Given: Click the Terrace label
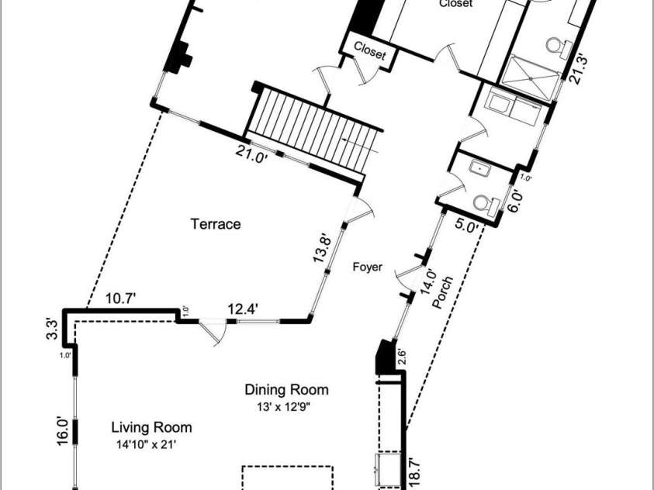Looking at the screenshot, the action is pos(216,224).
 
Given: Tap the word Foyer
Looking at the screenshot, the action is pos(368,267).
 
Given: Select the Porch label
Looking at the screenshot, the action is pos(442,292).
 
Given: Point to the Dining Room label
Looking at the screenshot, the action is pos(286,389).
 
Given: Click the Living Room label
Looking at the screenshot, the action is pos(152,427).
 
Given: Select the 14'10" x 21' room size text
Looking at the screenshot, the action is pos(147,445).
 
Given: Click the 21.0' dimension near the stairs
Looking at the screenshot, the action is pos(251,155).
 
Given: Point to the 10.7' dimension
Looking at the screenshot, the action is pos(121,298).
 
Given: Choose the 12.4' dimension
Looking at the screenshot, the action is pos(243,309).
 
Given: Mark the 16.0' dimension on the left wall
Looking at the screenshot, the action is pos(63,431).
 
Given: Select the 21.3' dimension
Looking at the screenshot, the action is pos(580,70).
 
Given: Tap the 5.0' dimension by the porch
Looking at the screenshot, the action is pos(466,226).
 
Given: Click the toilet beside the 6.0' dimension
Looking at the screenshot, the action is pos(486,205).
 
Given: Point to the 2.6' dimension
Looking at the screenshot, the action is pos(402,357).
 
